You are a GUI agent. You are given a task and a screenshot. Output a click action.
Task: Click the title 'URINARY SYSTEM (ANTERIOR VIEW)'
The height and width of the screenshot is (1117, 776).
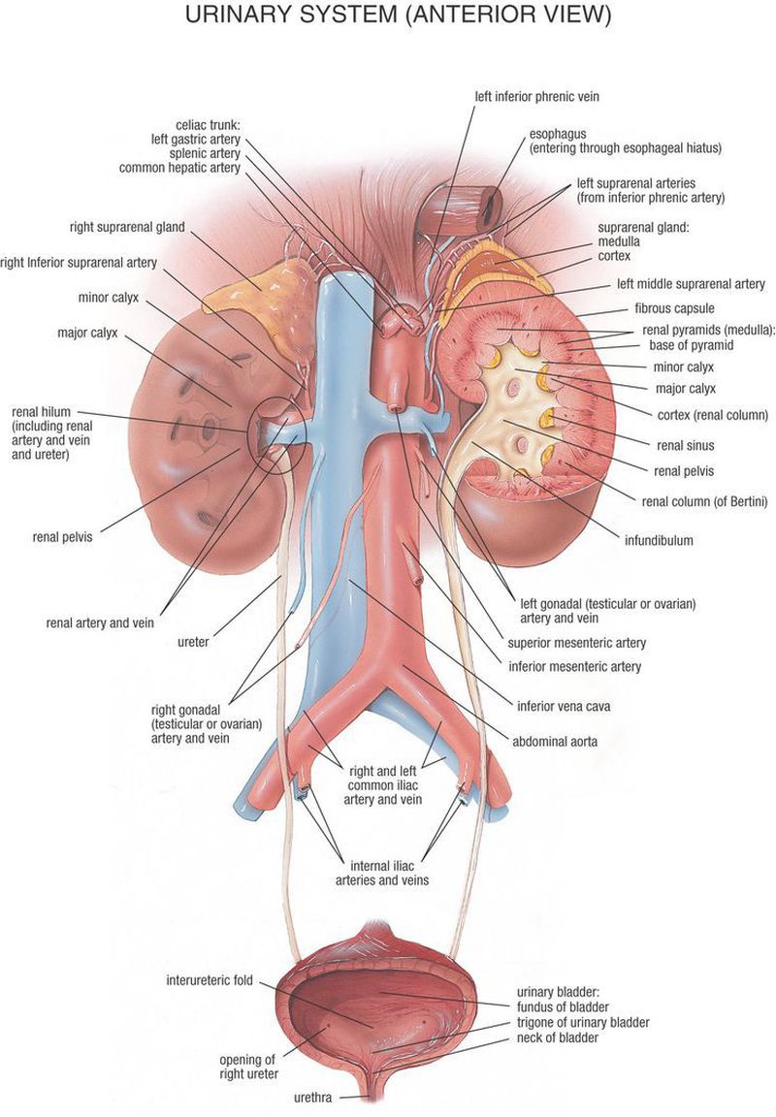coord(388,16)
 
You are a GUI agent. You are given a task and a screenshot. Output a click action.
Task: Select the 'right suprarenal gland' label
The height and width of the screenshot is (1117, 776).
coord(127,229)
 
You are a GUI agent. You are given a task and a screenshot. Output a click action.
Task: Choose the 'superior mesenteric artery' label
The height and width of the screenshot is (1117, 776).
coord(576,642)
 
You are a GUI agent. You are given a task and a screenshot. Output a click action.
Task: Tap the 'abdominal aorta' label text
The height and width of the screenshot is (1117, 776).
coord(555,742)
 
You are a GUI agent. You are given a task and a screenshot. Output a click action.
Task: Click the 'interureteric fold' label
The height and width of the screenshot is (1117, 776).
coord(210,980)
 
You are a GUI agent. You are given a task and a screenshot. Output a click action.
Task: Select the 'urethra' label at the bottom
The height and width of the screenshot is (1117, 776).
coord(314,1099)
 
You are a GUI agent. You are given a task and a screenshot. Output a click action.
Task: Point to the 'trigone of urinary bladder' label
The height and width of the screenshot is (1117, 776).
coord(582,1022)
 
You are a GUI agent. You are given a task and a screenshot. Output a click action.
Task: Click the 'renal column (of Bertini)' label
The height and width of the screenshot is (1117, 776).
coord(704,501)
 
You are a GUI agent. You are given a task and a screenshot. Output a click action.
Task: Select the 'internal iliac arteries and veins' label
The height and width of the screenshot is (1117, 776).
coord(382,873)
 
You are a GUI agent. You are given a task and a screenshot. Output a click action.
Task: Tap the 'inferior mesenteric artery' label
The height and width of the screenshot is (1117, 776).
coord(574,667)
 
